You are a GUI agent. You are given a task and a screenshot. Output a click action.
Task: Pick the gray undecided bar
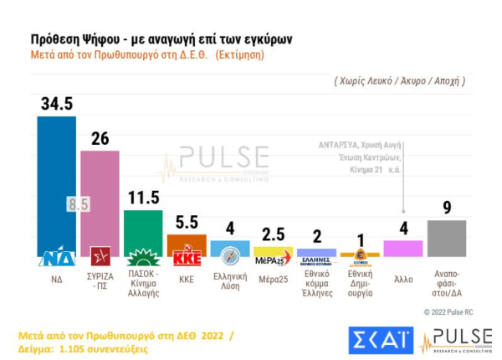(x=446, y=238)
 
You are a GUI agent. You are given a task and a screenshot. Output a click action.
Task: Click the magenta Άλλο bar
(x=402, y=249)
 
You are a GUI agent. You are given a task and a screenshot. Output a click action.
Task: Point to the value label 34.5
(x=56, y=105)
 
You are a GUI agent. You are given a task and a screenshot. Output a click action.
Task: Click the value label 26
(x=100, y=138)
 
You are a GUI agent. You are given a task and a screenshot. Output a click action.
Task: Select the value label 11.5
(x=143, y=198)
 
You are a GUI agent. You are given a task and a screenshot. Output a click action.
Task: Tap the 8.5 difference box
(x=78, y=204)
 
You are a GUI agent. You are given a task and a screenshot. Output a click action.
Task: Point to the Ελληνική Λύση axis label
(x=230, y=281)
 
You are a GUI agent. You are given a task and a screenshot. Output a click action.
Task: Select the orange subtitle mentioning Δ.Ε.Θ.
(x=146, y=54)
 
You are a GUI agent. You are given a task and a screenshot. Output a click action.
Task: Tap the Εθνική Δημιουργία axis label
(x=360, y=285)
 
